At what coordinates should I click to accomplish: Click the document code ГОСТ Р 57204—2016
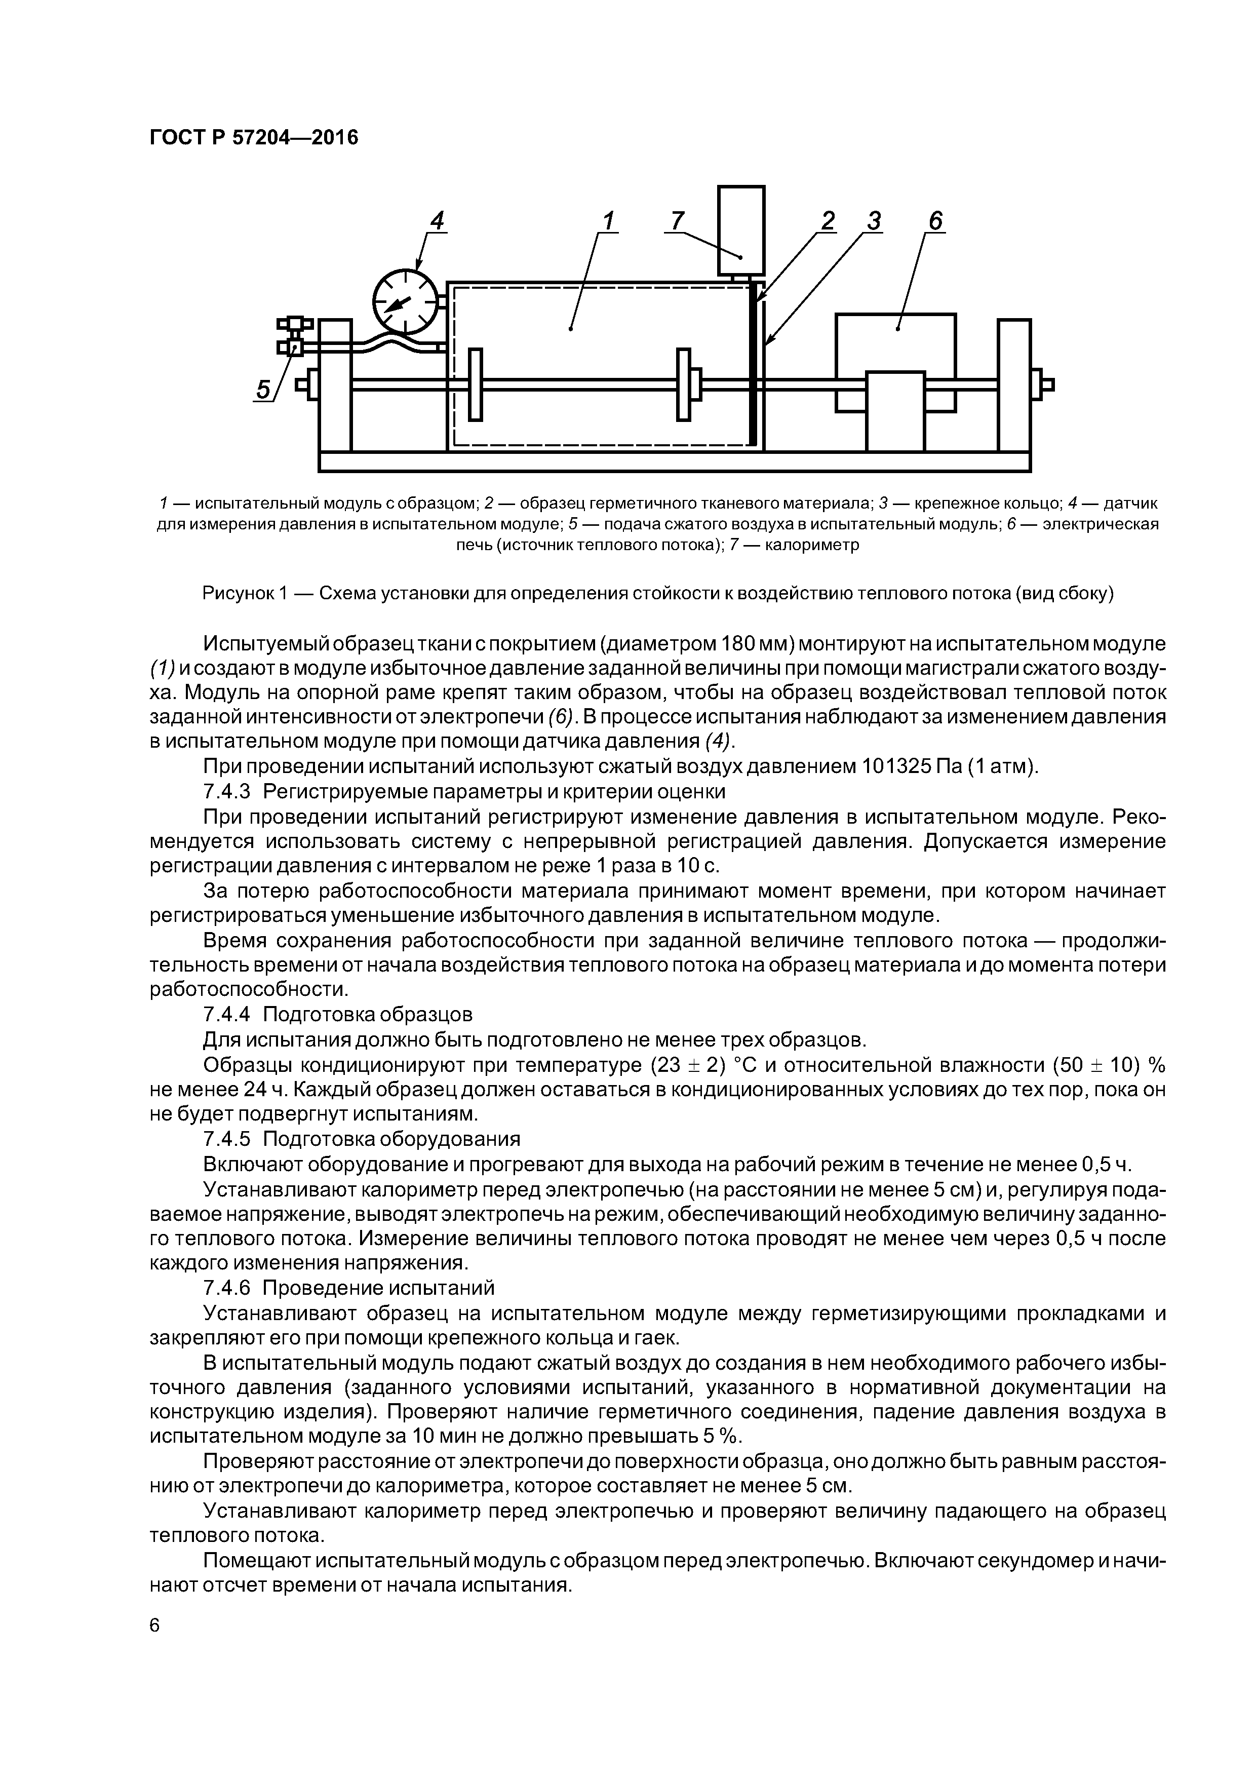[254, 138]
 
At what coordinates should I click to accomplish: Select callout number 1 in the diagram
[608, 221]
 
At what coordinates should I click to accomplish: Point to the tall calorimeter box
[740, 230]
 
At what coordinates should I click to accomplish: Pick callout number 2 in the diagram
[828, 221]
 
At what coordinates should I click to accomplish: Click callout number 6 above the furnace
[935, 221]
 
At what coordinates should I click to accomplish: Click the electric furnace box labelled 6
[895, 340]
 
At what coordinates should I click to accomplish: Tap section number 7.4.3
[227, 792]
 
